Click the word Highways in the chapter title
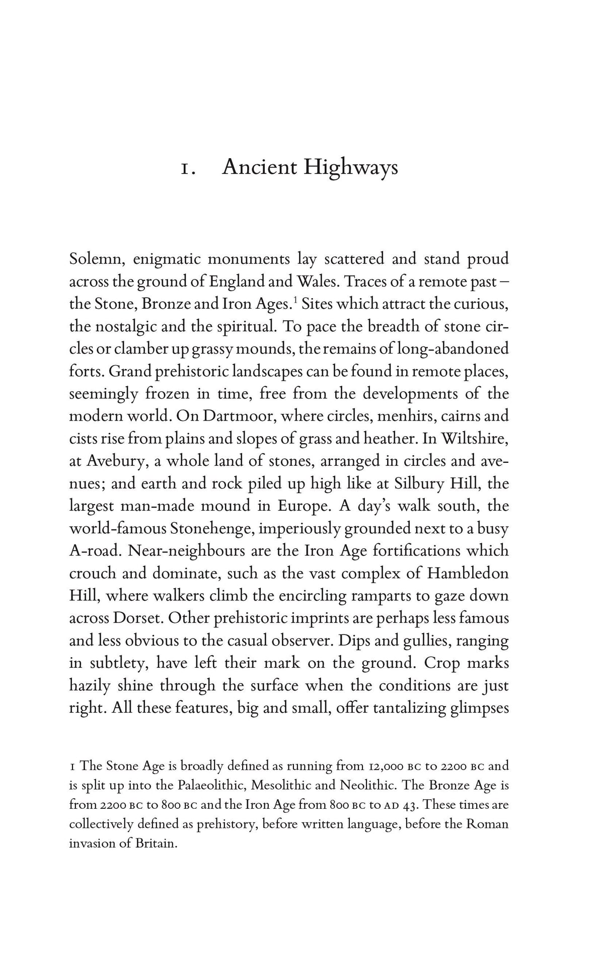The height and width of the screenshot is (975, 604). pyautogui.click(x=350, y=168)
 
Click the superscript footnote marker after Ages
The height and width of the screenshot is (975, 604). pyautogui.click(x=295, y=300)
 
